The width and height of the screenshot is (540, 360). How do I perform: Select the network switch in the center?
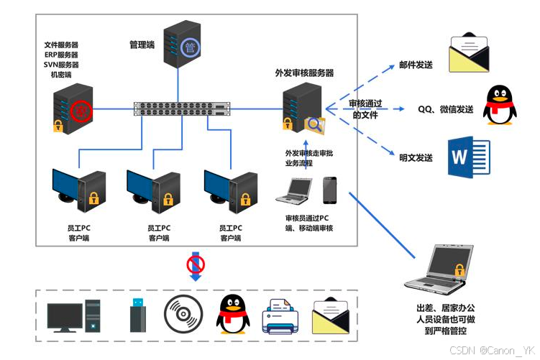[x=183, y=109]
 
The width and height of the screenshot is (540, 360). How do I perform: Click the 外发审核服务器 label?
[x=304, y=73]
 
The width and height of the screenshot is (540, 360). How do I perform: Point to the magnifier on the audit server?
[x=314, y=124]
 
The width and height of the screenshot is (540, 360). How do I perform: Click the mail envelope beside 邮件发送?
[x=470, y=54]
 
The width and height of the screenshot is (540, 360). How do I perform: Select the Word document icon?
[x=468, y=157]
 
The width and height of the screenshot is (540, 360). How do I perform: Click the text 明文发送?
[x=416, y=157]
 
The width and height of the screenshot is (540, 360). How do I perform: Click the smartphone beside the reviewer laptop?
[x=330, y=190]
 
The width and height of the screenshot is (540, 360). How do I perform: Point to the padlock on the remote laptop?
[x=458, y=270]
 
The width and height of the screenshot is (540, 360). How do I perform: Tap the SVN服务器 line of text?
[x=60, y=65]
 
